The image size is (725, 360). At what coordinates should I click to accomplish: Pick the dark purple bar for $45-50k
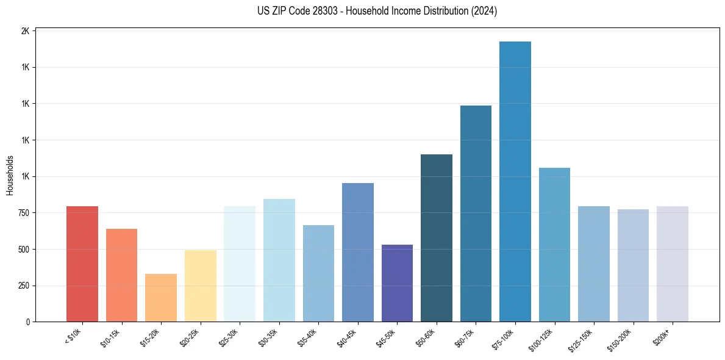tap(397, 283)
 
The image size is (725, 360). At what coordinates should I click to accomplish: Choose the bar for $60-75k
tap(476, 214)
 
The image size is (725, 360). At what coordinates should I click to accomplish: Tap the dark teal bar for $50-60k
tap(437, 238)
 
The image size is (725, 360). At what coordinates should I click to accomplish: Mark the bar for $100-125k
tap(554, 245)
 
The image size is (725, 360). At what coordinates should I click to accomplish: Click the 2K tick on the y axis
tap(25, 31)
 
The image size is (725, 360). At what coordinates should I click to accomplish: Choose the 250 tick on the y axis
tap(23, 286)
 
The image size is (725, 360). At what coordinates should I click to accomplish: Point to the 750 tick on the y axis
tap(23, 213)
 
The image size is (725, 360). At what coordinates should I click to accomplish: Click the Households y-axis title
tap(10, 175)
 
